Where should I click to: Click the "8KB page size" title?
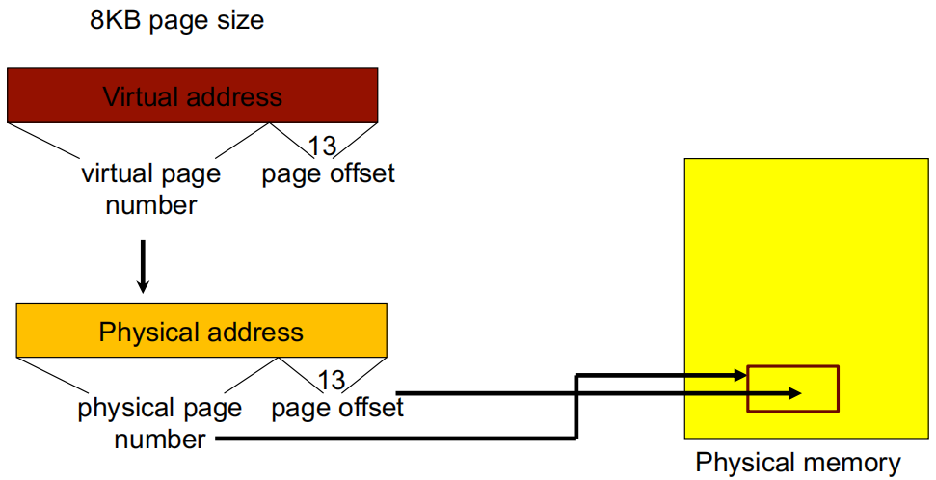pyautogui.click(x=176, y=20)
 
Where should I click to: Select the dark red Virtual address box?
pyautogui.click(x=192, y=95)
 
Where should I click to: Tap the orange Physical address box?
pyautogui.click(x=201, y=332)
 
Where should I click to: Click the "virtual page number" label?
pyautogui.click(x=150, y=189)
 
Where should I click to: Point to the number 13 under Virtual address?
pyautogui.click(x=321, y=146)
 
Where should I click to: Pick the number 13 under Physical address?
pyautogui.click(x=331, y=380)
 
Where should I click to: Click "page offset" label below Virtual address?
pyautogui.click(x=328, y=174)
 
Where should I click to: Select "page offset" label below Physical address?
pyautogui.click(x=337, y=408)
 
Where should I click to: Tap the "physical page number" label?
pyautogui.click(x=160, y=424)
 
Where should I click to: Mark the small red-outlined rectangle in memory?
pyautogui.click(x=792, y=388)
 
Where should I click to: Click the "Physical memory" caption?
pyautogui.click(x=798, y=463)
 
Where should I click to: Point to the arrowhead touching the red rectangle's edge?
pyautogui.click(x=740, y=374)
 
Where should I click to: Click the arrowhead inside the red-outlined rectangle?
pyautogui.click(x=794, y=392)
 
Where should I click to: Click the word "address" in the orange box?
pyautogui.click(x=253, y=333)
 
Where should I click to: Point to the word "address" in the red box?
pyautogui.click(x=237, y=96)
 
